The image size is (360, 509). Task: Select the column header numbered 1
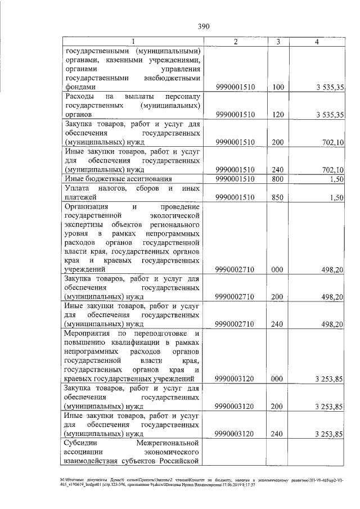click(133, 42)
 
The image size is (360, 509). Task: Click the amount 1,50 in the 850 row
click(336, 197)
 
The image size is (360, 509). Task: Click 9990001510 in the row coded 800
click(235, 179)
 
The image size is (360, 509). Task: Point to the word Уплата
click(78, 188)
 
